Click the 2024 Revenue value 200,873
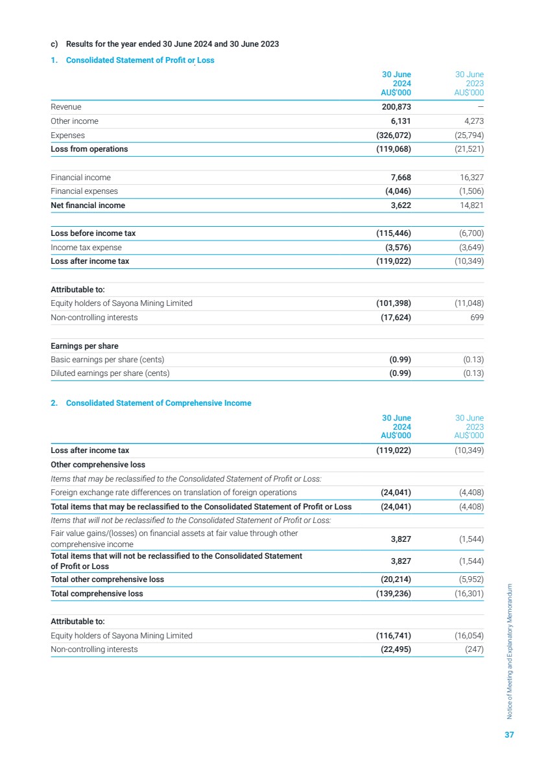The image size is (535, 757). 394,107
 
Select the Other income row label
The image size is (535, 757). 75,121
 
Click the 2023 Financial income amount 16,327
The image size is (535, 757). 468,178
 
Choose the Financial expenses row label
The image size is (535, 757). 84,191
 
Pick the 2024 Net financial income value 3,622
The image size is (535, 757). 398,205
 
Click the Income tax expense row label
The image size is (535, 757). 86,248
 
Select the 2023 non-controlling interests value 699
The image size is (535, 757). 476,318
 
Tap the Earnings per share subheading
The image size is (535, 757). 84,346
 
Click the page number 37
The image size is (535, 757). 509,735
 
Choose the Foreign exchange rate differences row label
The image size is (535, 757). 173,493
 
